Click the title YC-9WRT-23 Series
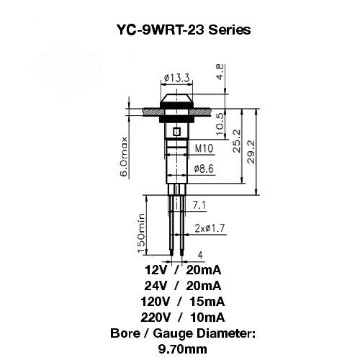[184, 30]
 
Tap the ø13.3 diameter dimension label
[177, 78]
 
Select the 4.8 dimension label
[220, 72]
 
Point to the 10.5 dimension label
[220, 124]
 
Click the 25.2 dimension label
[237, 141]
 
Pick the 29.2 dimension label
[251, 152]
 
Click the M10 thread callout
[204, 148]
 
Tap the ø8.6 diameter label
[204, 168]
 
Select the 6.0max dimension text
[124, 156]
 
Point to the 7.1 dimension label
[199, 205]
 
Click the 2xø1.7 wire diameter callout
[210, 228]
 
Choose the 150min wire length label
[141, 233]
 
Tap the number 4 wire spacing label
[200, 255]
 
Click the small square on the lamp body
[177, 132]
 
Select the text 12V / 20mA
[183, 270]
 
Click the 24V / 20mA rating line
[183, 286]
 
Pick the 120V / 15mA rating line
[183, 302]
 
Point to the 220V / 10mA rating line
[183, 318]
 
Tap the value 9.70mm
[183, 349]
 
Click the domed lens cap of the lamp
[177, 98]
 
